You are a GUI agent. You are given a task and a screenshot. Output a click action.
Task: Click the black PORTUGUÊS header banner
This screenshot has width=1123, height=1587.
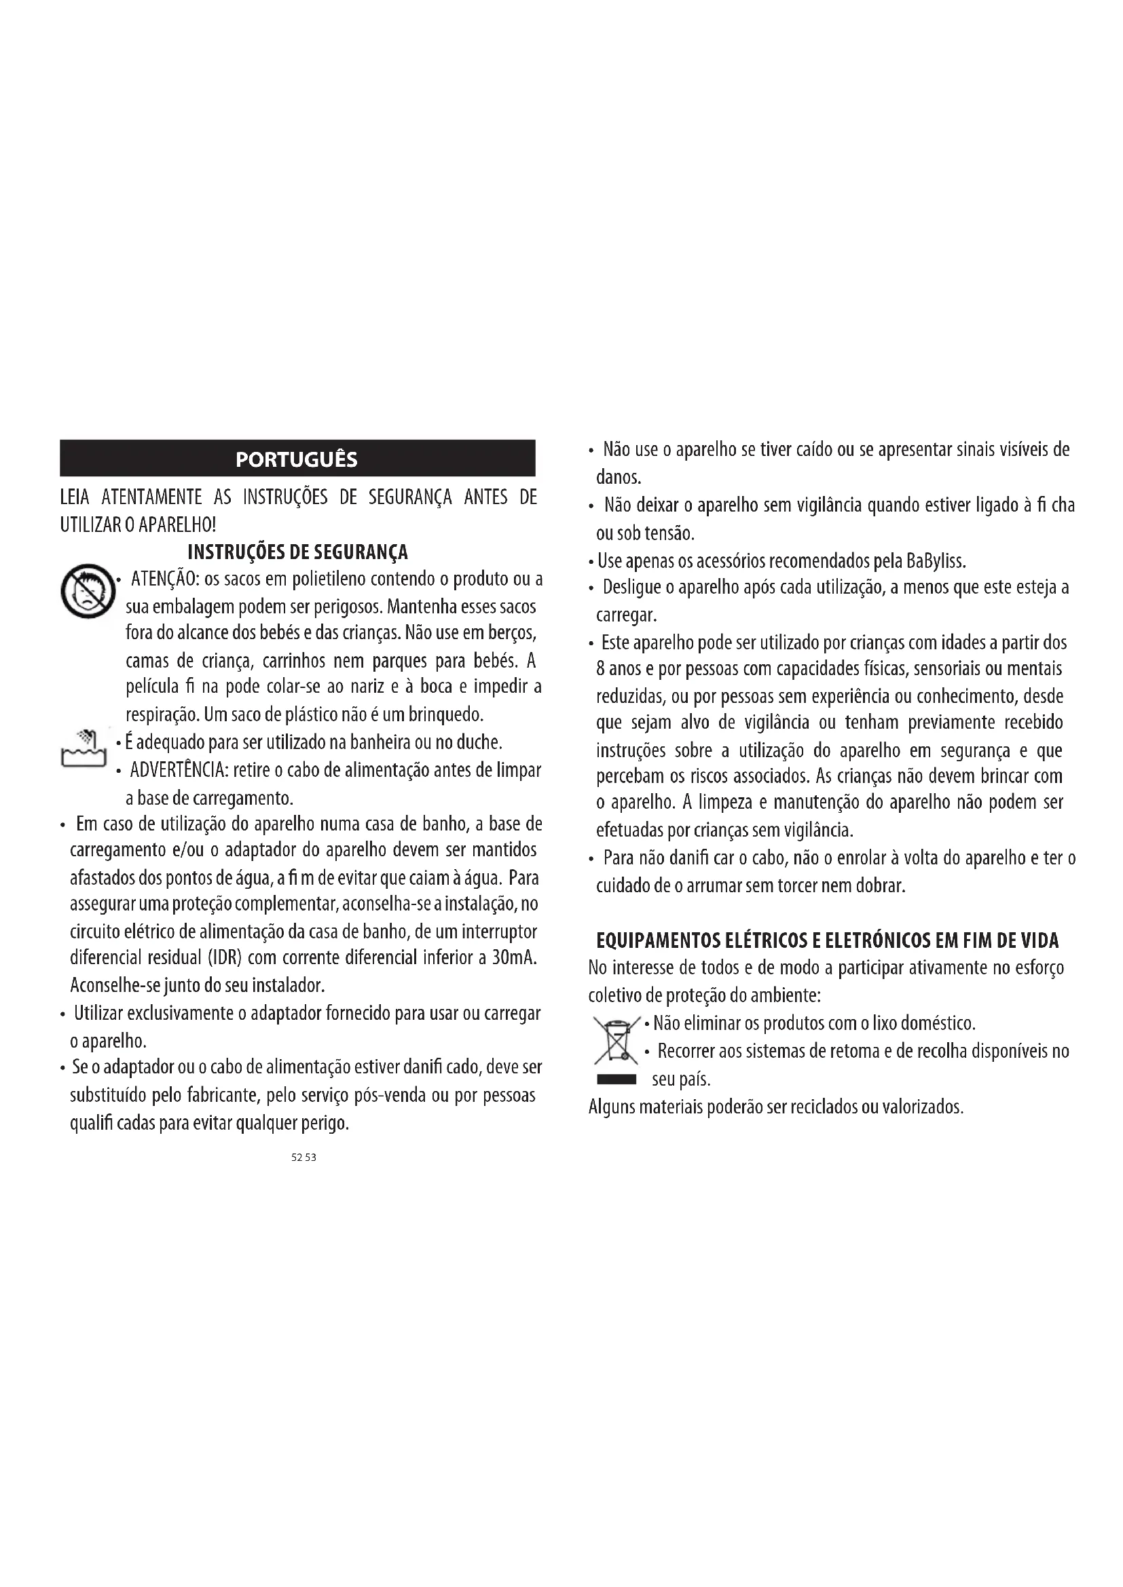(x=297, y=458)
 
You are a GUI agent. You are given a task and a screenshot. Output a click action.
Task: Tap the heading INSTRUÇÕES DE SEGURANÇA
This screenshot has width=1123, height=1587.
(x=298, y=552)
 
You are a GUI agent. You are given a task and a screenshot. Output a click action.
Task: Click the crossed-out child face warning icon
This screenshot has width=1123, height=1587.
(x=87, y=591)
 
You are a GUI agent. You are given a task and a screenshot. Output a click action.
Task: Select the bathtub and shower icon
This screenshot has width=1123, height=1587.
(x=83, y=748)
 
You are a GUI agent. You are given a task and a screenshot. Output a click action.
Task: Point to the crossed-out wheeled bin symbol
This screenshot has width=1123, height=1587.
(x=615, y=1040)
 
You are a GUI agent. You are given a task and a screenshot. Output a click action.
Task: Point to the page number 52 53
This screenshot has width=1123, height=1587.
(x=303, y=1158)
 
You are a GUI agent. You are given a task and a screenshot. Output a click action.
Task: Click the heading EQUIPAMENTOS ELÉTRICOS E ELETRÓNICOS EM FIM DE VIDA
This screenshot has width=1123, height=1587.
(x=827, y=940)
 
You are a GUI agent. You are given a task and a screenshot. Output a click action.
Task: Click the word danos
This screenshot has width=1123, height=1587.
(x=619, y=478)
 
